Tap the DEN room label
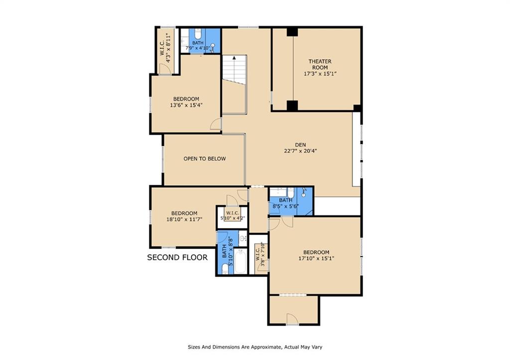(x=300, y=144)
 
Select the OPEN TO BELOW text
(x=204, y=159)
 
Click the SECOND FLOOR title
(x=177, y=257)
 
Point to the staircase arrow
(x=234, y=58)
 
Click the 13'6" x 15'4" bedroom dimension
(x=186, y=105)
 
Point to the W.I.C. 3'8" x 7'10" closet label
(x=260, y=255)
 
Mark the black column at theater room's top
(x=292, y=32)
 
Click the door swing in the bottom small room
(x=292, y=319)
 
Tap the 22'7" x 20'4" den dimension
(x=300, y=151)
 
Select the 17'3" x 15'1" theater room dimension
(x=320, y=74)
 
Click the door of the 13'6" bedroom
(x=216, y=124)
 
